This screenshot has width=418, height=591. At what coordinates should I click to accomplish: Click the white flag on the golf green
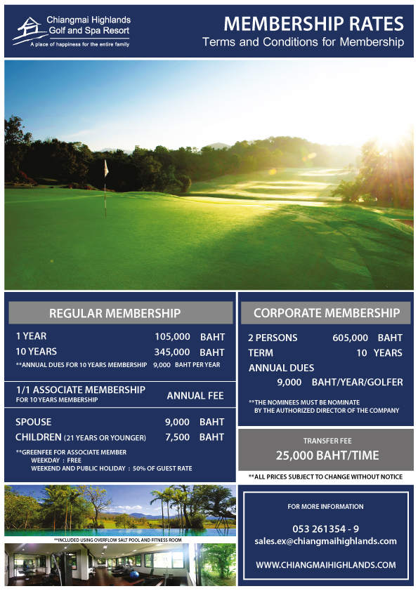[106, 168]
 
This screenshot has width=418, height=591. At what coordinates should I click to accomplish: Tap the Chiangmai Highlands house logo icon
[29, 28]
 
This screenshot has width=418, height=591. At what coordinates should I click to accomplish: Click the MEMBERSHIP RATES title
[313, 24]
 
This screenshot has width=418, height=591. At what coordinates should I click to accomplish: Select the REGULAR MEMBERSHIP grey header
[115, 313]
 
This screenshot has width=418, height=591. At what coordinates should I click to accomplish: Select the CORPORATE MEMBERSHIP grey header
[326, 312]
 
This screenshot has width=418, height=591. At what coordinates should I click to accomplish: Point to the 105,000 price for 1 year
[172, 336]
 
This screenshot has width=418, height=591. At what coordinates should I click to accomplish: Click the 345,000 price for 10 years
[172, 352]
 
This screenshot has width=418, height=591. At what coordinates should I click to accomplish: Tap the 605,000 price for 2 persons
[350, 338]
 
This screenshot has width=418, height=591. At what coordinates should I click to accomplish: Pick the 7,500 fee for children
[177, 437]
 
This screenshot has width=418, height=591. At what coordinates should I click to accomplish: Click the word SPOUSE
[34, 422]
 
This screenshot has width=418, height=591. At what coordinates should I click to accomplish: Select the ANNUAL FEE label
[195, 396]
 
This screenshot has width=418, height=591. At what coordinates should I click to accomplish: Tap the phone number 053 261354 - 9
[325, 528]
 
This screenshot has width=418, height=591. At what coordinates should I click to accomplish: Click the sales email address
[325, 541]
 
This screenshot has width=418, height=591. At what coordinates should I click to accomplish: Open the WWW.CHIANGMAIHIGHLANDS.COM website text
[325, 564]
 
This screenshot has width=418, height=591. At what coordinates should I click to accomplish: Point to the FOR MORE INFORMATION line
[325, 506]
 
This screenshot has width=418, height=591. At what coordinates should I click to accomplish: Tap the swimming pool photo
[119, 510]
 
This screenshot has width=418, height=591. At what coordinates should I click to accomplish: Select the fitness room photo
[119, 565]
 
